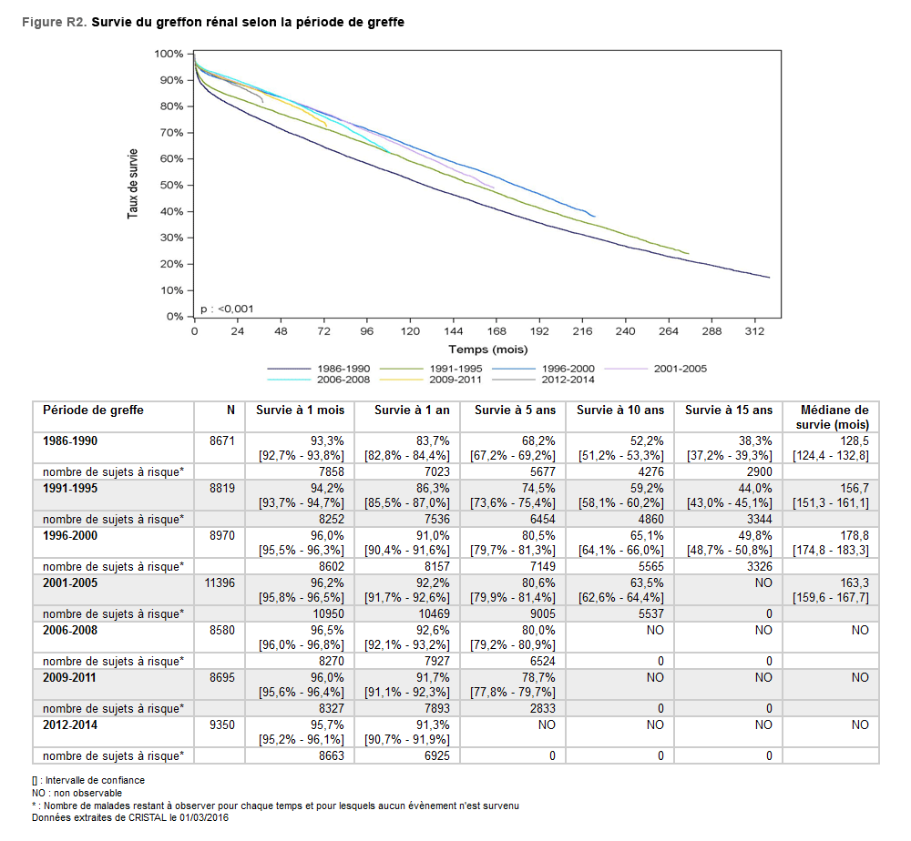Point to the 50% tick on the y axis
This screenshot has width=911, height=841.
point(171,185)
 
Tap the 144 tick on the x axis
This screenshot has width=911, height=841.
point(454,331)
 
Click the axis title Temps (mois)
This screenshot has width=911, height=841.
point(487,350)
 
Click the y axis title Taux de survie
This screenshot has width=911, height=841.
point(133,183)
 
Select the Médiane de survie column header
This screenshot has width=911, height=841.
point(833,417)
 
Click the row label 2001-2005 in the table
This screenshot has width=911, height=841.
point(70,583)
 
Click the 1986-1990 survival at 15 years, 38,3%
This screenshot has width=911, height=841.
point(754,441)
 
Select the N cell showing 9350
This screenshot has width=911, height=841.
point(222,724)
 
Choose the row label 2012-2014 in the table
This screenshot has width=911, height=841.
point(70,724)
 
